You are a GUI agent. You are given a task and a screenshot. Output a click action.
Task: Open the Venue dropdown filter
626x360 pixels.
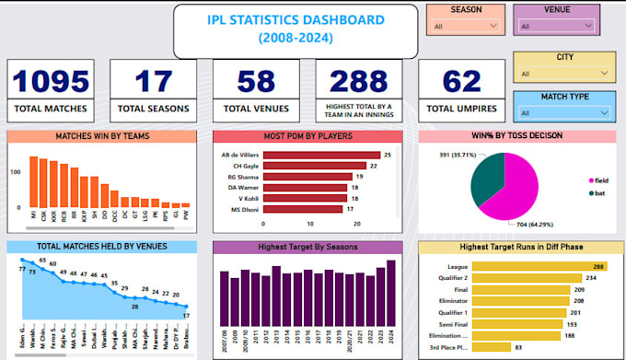[555, 27]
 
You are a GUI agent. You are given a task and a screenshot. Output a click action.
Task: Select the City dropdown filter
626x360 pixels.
[562, 74]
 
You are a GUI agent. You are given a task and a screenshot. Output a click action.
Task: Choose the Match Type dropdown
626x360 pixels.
[562, 112]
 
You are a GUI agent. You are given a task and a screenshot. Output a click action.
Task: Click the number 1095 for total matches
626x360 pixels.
[51, 81]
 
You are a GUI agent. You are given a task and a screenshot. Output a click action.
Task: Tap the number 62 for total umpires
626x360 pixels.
[462, 81]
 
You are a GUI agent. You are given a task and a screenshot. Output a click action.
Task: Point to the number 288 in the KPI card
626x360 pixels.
[358, 81]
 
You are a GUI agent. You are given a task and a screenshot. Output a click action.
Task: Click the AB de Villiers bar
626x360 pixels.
[322, 155]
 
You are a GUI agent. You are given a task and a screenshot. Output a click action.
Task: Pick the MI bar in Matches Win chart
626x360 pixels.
[33, 181]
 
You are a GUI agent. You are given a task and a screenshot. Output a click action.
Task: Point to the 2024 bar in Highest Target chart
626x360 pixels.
[390, 294]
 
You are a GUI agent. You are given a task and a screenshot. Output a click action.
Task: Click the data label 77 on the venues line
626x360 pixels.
[22, 269]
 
